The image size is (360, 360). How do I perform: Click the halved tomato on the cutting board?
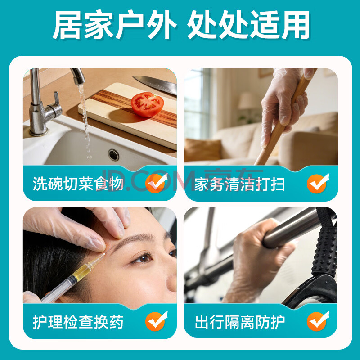pos(148,104)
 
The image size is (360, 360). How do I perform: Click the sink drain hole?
pos(114,155)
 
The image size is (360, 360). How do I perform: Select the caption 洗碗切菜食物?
pos(78,184)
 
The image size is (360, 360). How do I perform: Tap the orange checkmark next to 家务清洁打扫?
pos(318,184)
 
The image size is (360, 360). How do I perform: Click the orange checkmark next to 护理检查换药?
pos(156,321)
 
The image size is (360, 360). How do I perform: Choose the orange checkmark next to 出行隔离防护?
pos(318,321)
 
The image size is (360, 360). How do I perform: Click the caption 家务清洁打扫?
pos(240,184)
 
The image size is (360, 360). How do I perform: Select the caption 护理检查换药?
pos(78,322)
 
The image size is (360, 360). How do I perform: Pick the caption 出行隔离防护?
pos(240,322)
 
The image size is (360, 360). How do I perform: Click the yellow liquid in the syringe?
pos(82,273)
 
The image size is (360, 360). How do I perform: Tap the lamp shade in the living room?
pos(247,101)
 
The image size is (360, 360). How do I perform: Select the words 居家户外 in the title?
pos(114,25)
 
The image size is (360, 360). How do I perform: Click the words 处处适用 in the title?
pos(248,25)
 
